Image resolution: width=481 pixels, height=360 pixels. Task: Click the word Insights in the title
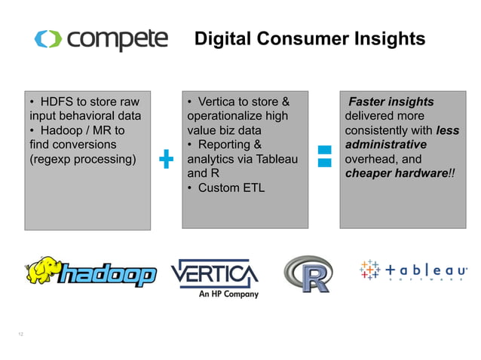(389, 38)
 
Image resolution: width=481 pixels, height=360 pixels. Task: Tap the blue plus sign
(167, 159)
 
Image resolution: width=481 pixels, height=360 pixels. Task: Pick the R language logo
(308, 274)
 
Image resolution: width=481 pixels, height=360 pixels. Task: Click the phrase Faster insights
(391, 102)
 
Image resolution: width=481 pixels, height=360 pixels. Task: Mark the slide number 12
(20, 332)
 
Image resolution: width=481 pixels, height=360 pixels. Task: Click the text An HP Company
(228, 294)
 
